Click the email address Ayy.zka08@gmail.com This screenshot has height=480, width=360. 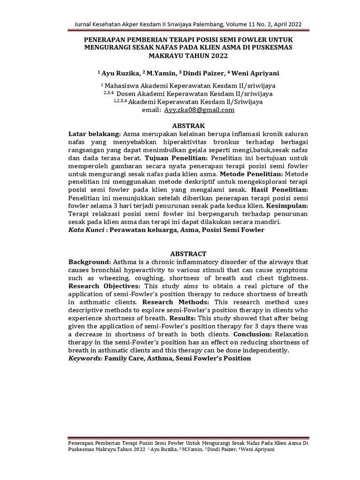(199, 110)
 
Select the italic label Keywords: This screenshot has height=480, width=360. (85, 358)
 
